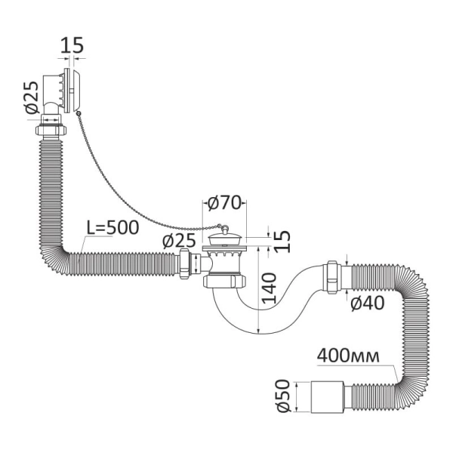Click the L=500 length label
tap(113, 228)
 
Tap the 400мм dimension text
tap(348, 356)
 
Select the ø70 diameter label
tap(224, 203)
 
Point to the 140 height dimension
tap(270, 288)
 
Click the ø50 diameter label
tap(283, 396)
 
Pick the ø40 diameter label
tap(368, 303)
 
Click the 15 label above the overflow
tap(72, 45)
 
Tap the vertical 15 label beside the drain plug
tap(282, 242)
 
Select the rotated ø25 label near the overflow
tap(32, 97)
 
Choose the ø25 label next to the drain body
tap(179, 240)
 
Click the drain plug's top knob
tap(225, 229)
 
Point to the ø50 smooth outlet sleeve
tap(328, 397)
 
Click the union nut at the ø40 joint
tap(332, 277)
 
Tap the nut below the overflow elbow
tap(51, 130)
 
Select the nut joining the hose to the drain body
tap(184, 263)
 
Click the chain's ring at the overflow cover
tap(78, 114)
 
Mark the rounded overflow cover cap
tap(76, 91)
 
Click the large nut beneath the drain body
tap(224, 282)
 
